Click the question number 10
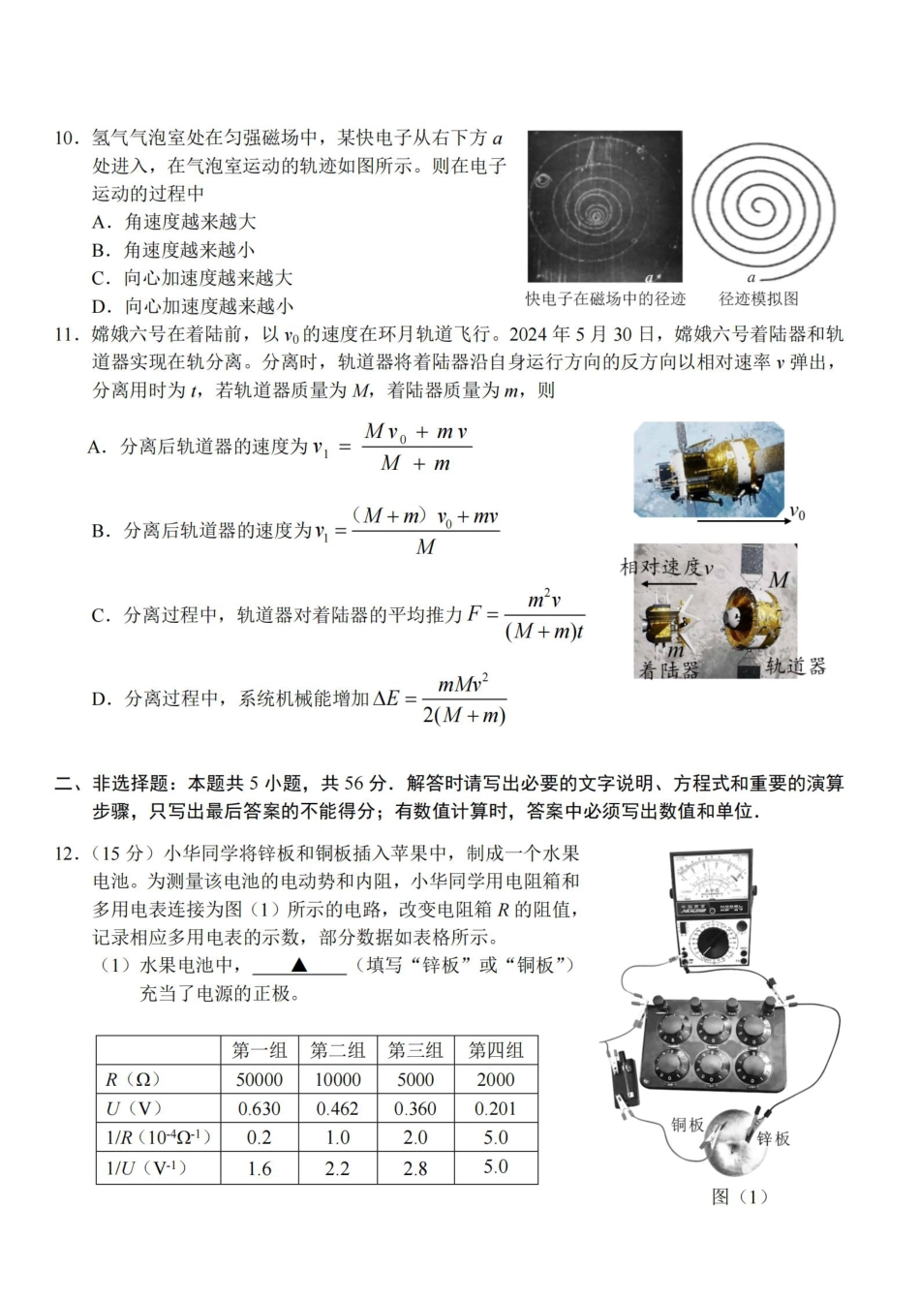(x=66, y=139)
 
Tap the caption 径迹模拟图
(x=758, y=299)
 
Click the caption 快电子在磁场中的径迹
(x=605, y=299)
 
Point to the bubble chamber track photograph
(x=604, y=206)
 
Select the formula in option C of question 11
(x=527, y=615)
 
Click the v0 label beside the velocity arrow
(x=796, y=512)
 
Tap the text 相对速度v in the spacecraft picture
(x=666, y=568)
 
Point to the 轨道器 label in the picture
(x=796, y=666)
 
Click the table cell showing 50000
(x=260, y=1079)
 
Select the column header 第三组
(x=415, y=1050)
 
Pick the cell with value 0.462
(x=337, y=1108)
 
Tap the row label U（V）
(x=135, y=1108)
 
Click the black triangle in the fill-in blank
(x=299, y=965)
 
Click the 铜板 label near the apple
(x=688, y=1124)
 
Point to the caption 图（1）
(x=740, y=1196)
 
